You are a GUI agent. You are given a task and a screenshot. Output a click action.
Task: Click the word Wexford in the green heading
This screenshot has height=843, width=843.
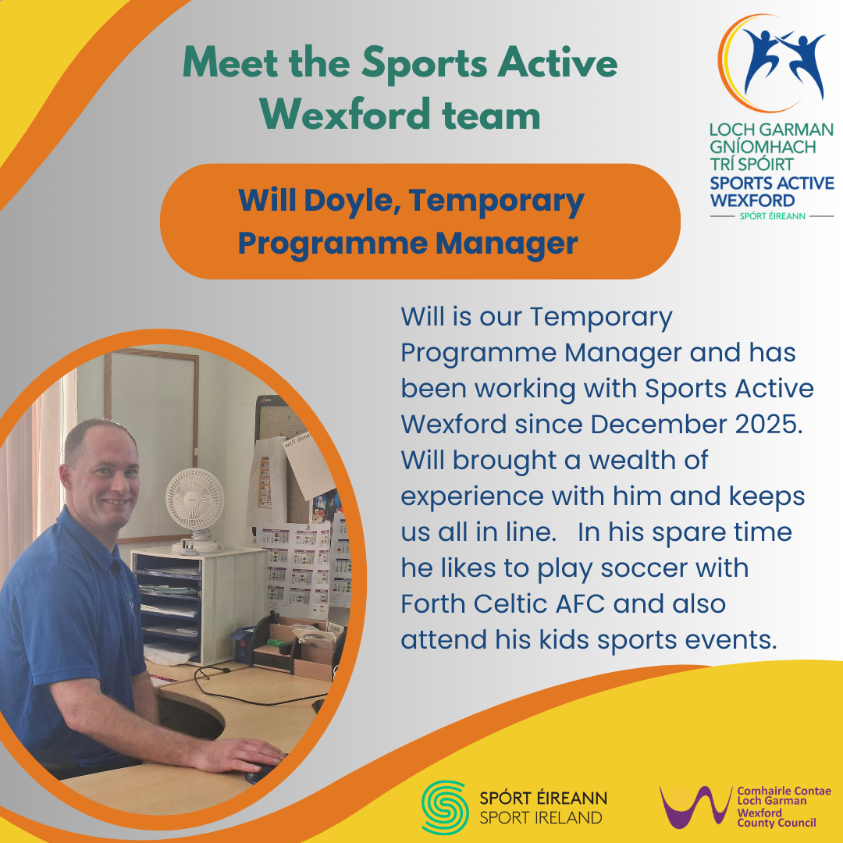[x=345, y=115]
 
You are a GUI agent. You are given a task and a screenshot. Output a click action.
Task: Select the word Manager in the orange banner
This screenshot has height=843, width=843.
[x=507, y=244]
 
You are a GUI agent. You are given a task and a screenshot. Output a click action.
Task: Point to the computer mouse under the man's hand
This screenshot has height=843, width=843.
[x=261, y=773]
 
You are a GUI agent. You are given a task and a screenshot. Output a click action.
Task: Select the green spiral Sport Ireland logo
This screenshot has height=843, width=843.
[x=445, y=807]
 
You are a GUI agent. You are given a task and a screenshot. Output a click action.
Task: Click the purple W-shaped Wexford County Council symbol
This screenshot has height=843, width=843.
[x=695, y=806]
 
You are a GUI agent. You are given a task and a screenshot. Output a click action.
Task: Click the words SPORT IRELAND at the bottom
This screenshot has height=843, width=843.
[x=540, y=818]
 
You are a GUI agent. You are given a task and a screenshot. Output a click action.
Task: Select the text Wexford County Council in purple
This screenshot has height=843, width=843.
[x=777, y=818]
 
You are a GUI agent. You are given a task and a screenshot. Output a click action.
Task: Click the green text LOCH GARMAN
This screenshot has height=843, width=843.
[x=771, y=130]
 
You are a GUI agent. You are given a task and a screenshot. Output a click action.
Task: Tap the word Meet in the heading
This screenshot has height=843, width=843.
[x=230, y=63]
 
